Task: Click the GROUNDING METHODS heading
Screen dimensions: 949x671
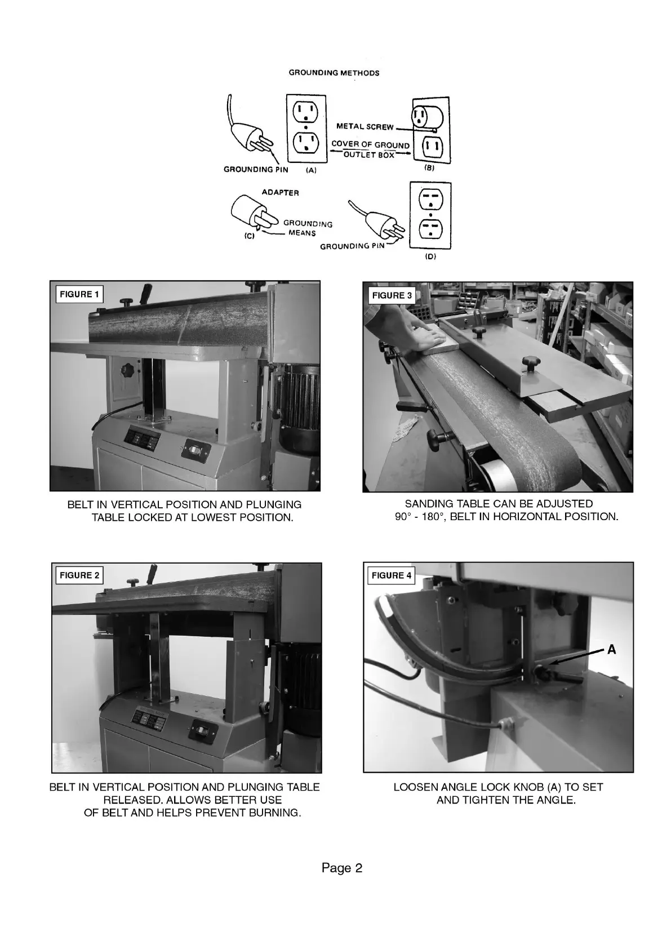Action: tap(334, 73)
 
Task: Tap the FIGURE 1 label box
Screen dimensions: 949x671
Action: tap(79, 294)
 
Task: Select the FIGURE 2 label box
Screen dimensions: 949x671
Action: tap(79, 575)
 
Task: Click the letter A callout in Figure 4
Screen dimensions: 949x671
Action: tap(611, 650)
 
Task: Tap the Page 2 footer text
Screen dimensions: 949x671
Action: tap(342, 868)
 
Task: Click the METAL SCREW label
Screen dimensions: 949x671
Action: tap(365, 126)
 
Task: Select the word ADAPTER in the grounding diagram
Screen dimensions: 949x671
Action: tap(280, 193)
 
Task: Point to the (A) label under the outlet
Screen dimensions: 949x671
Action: tap(311, 170)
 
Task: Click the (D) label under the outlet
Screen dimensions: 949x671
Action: tap(430, 256)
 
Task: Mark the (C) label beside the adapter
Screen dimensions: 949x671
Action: tap(249, 237)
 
